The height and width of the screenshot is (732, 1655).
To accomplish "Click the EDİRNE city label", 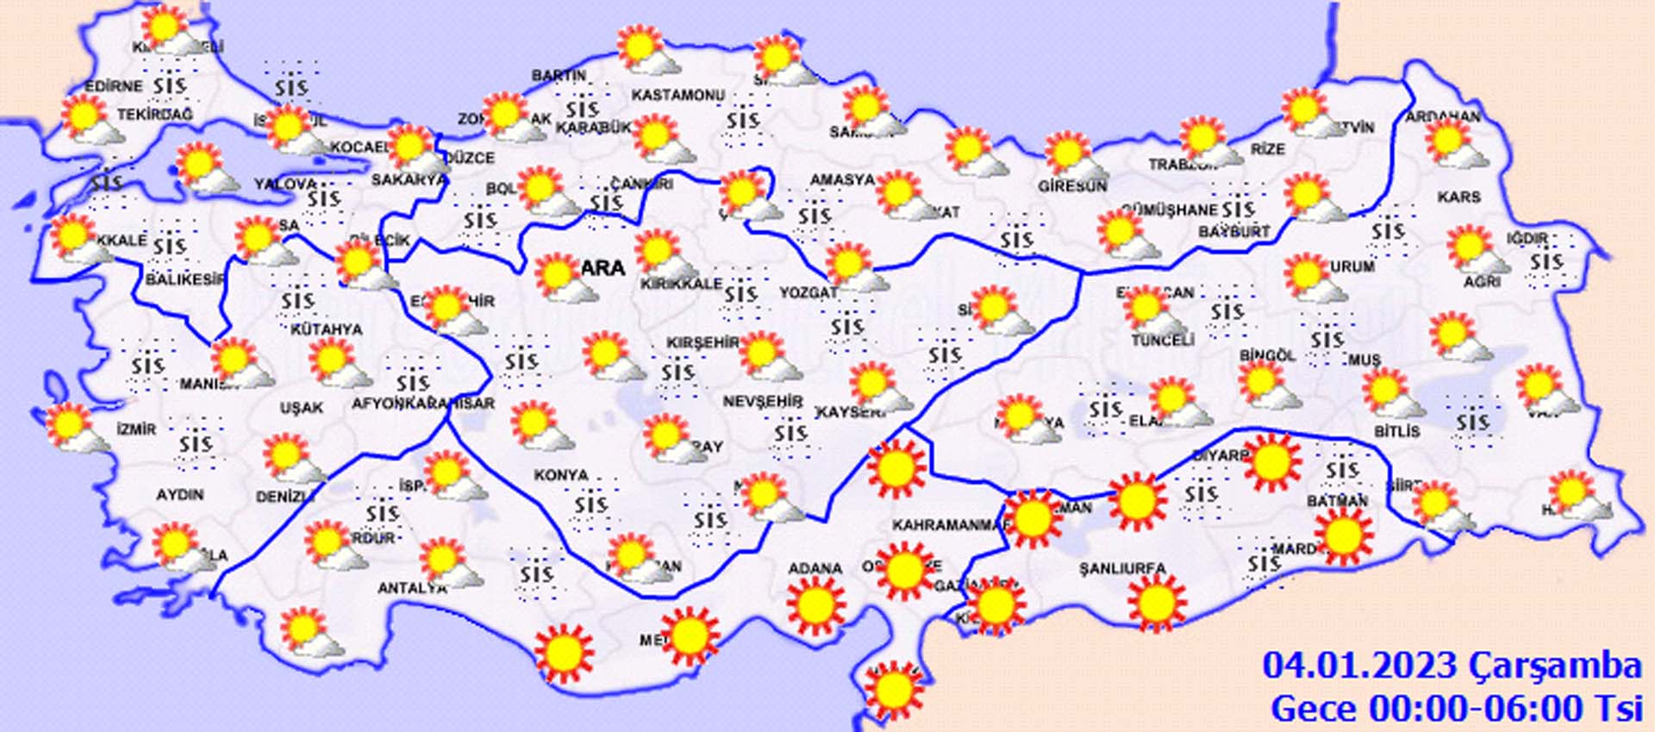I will tap(113, 86).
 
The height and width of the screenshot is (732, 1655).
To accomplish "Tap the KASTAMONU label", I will tap(678, 95).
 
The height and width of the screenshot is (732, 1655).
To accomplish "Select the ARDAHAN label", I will tap(1443, 116).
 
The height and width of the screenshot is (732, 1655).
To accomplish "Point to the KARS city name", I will tap(1458, 197).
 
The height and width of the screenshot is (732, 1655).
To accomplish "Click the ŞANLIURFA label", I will tap(1122, 569).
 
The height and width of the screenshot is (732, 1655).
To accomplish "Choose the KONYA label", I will tap(560, 475).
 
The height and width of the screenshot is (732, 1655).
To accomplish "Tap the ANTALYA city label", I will tap(412, 588).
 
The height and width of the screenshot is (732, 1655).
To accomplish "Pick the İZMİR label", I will tap(136, 429).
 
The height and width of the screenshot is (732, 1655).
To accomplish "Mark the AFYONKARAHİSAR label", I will tap(423, 404).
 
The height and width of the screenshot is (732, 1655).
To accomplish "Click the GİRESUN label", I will tap(1072, 186).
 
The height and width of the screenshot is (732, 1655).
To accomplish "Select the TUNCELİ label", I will tap(1162, 341).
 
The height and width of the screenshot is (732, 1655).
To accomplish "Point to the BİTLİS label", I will tap(1396, 430).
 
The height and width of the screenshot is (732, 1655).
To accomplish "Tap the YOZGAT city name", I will tap(808, 293).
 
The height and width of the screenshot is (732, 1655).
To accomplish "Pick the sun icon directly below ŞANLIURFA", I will tap(1155, 603).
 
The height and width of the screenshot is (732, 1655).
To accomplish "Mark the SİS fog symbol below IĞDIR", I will tap(1546, 261).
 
